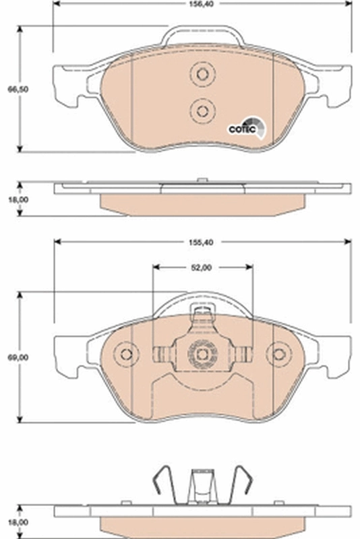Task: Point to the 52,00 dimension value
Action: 202,267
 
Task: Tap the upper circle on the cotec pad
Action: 202,73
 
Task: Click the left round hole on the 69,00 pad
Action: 125,354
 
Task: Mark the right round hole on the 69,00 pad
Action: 278,354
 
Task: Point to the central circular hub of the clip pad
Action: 202,353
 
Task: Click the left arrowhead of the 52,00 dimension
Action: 157,267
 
